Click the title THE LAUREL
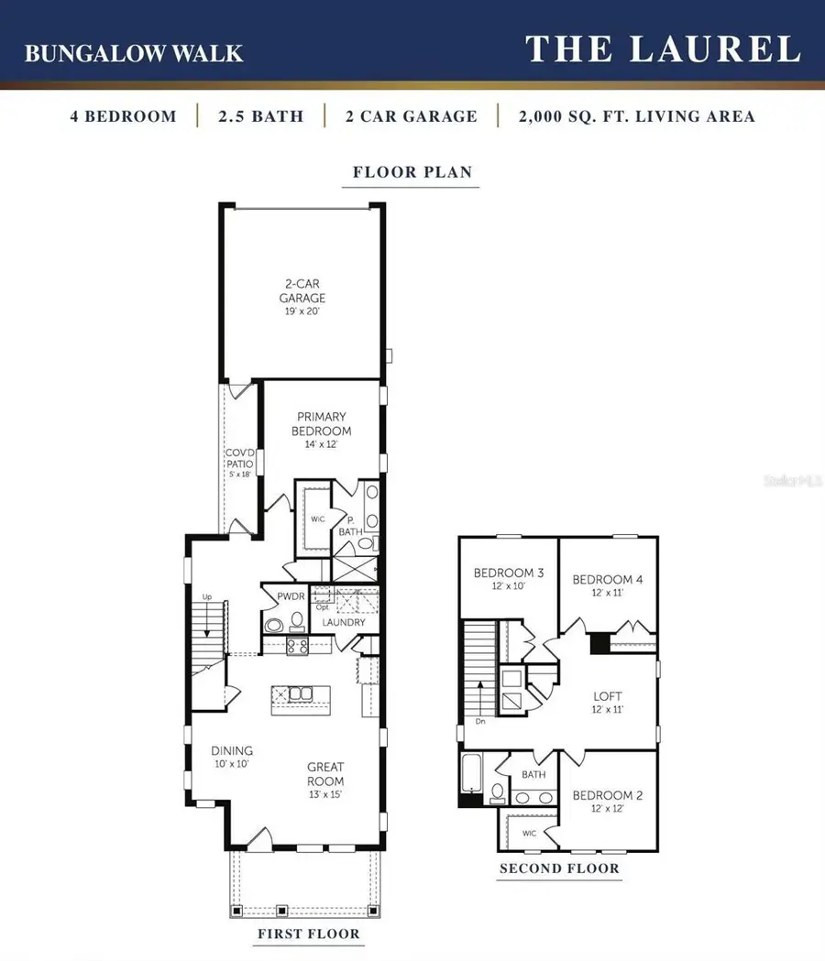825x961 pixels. point(663,49)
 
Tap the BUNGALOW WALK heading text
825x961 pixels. point(134,53)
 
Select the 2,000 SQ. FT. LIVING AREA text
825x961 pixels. point(636,116)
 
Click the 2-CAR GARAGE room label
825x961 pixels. point(302,298)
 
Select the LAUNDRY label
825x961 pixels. point(344,622)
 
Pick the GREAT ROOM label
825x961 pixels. point(325,774)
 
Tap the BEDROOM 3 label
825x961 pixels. point(509,579)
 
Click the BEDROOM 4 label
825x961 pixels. point(608,584)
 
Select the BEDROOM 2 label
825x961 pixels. point(608,802)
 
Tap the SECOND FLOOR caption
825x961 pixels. point(559,868)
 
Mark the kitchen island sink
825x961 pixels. point(301,693)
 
